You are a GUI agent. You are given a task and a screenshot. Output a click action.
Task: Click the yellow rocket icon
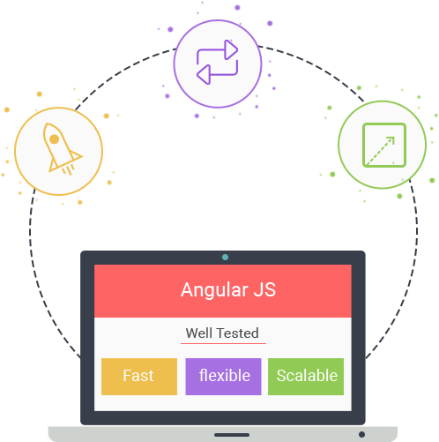click(x=59, y=149)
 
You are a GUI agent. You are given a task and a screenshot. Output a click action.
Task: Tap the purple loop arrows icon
click(x=217, y=62)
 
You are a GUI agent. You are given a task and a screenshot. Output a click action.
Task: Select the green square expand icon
click(x=384, y=145)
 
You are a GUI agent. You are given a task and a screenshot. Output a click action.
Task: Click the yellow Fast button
click(x=139, y=377)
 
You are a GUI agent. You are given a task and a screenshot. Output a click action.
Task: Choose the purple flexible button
click(x=223, y=377)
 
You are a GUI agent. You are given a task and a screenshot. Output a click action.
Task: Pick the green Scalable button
click(x=306, y=377)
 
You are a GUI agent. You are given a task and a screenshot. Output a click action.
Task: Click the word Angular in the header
click(x=214, y=291)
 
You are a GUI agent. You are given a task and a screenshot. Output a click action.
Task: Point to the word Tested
click(x=237, y=333)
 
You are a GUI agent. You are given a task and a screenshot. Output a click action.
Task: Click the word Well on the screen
click(x=199, y=333)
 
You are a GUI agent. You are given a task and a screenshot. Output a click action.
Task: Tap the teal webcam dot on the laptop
click(x=225, y=258)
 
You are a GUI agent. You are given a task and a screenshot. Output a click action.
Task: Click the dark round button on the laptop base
click(x=361, y=434)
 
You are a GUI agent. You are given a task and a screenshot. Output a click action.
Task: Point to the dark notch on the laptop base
click(x=232, y=435)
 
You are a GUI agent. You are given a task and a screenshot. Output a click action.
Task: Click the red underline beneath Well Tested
click(x=223, y=343)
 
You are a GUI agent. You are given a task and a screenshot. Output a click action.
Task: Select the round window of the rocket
click(x=54, y=139)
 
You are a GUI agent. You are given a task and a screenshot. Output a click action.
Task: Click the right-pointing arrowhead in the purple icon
click(x=231, y=49)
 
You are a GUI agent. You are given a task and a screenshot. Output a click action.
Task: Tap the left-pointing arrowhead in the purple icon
click(x=204, y=75)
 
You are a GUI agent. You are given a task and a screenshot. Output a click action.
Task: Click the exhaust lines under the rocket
click(x=68, y=169)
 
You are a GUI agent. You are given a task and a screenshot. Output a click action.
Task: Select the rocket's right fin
click(x=76, y=155)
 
